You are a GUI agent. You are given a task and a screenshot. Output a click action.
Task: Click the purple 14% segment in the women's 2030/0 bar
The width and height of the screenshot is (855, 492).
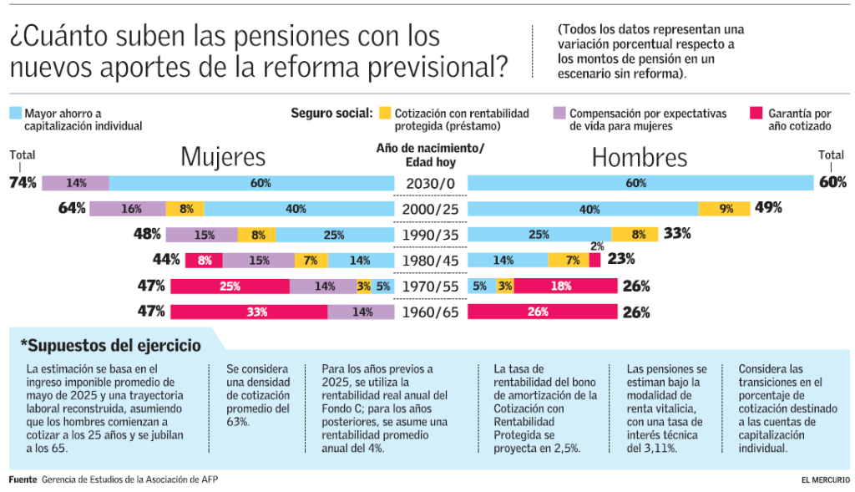[76, 183]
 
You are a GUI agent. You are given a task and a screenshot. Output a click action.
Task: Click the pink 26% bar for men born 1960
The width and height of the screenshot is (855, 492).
[542, 312]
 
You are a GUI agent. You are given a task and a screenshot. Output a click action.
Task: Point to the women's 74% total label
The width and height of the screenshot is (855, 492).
[23, 183]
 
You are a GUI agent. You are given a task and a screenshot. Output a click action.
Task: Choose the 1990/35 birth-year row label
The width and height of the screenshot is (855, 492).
[430, 235]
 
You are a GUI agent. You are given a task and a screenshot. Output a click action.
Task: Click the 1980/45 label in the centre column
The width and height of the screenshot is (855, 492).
[430, 261]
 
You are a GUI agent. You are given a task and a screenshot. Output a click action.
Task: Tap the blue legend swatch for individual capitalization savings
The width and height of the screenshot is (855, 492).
[15, 112]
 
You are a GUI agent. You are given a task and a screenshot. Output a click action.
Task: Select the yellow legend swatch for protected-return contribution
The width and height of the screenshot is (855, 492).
[384, 112]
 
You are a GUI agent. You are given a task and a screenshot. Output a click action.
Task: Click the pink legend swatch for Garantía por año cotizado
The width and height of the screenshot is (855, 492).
[756, 112]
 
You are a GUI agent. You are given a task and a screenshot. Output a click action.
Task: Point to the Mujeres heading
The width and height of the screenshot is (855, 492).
[223, 157]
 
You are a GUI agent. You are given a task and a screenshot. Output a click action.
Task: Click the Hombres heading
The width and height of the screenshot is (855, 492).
[639, 157]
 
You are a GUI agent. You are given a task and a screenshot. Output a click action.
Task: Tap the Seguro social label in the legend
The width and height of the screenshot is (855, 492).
[331, 113]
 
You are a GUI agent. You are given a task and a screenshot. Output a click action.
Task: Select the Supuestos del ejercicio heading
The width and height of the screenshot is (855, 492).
[110, 344]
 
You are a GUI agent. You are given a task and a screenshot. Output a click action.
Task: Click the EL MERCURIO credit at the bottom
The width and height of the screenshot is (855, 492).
[825, 480]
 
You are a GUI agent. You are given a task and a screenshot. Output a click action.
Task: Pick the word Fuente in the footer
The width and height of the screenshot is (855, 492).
[23, 480]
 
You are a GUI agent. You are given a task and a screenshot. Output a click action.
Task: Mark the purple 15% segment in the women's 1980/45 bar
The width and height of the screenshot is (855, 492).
[259, 261]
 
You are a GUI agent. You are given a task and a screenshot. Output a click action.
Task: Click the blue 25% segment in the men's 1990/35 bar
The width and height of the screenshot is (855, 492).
[539, 235]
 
